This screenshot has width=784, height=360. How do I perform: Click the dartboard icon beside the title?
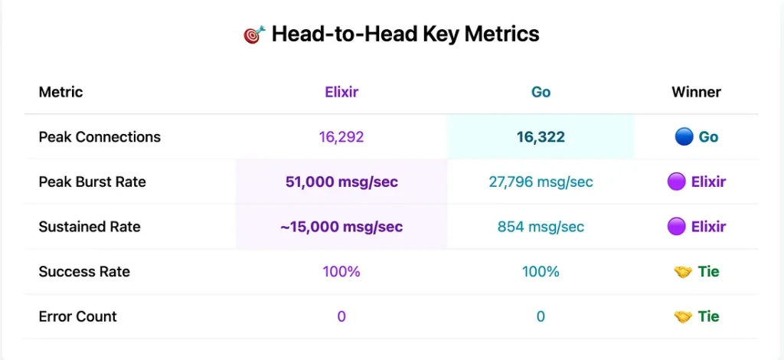254,35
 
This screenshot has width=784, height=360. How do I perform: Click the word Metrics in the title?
501,34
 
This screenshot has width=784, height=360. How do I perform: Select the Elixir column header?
341,92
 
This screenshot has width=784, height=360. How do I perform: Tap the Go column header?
541,92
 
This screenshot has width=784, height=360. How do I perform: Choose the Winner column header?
696,92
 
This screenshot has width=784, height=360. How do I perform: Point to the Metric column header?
60,92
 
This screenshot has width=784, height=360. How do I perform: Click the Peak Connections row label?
100,137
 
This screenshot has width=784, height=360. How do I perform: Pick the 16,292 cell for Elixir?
341,137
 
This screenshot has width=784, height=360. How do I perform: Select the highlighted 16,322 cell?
541,137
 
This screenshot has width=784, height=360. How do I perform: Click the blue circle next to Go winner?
683,137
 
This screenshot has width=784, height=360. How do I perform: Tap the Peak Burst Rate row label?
92,182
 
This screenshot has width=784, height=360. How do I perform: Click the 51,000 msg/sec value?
341,182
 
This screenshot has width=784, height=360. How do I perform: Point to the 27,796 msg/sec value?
541,182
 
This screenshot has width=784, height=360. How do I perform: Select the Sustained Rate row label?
90,227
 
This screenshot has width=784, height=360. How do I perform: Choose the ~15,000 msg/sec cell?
341,227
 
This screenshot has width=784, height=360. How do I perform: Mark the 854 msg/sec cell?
541,227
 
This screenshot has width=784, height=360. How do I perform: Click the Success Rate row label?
84,271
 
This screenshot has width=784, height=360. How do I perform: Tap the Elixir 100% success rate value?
341,271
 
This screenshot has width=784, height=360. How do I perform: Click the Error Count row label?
77,316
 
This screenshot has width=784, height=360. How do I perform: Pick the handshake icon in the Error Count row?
683,316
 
